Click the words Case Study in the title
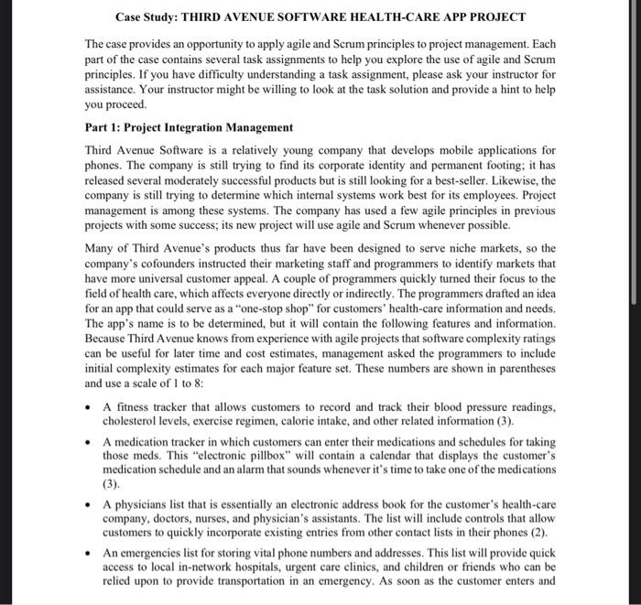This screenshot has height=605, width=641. [146, 17]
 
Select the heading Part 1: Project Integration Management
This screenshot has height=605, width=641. [189, 127]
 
